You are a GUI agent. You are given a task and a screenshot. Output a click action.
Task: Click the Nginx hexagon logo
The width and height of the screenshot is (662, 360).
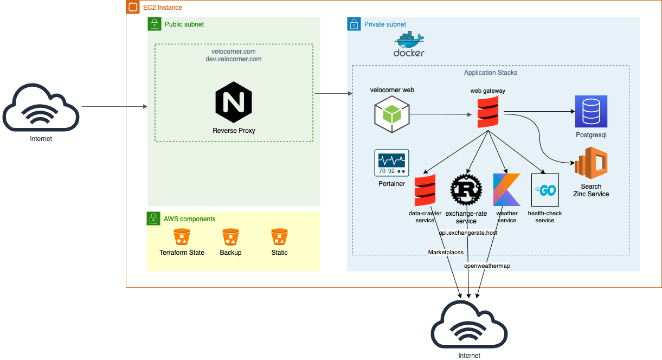tap(234, 102)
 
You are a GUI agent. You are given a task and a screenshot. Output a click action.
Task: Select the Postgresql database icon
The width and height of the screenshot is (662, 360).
tap(591, 112)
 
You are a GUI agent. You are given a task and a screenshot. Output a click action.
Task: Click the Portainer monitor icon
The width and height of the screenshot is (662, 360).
tap(391, 163)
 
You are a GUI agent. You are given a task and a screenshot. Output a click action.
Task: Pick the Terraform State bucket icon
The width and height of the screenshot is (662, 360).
tap(182, 237)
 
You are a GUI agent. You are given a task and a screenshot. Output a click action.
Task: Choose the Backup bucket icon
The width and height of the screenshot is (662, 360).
tap(230, 237)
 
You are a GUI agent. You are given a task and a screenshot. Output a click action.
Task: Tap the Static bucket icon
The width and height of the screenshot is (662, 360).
tap(279, 237)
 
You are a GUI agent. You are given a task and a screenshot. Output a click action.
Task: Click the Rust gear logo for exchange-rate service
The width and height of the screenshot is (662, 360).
tap(466, 190)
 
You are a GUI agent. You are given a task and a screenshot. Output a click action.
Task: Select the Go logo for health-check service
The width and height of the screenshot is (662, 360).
tap(545, 190)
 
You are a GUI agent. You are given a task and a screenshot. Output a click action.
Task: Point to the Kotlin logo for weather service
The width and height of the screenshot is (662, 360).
tap(506, 190)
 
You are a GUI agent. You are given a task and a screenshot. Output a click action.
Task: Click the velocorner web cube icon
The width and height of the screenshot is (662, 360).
tap(392, 114)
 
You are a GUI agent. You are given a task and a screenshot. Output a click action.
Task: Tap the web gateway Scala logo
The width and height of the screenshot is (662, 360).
tap(488, 112)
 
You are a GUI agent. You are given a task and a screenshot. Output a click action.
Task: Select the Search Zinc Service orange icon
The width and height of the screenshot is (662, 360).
tap(591, 163)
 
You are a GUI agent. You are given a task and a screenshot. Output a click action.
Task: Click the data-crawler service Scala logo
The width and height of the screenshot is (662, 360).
tap(425, 190)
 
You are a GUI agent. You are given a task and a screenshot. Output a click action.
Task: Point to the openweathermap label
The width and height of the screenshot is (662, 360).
tap(487, 266)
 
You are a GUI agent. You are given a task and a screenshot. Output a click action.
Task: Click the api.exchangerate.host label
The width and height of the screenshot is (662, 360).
tap(468, 233)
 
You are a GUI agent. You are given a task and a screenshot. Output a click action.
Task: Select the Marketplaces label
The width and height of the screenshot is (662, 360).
tap(446, 252)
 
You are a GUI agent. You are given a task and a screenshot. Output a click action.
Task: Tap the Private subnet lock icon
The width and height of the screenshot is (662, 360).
tap(354, 24)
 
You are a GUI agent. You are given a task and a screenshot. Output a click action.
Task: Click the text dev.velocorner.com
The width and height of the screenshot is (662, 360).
tap(234, 59)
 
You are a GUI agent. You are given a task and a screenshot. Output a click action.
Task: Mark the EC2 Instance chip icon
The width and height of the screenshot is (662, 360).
tap(133, 7)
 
